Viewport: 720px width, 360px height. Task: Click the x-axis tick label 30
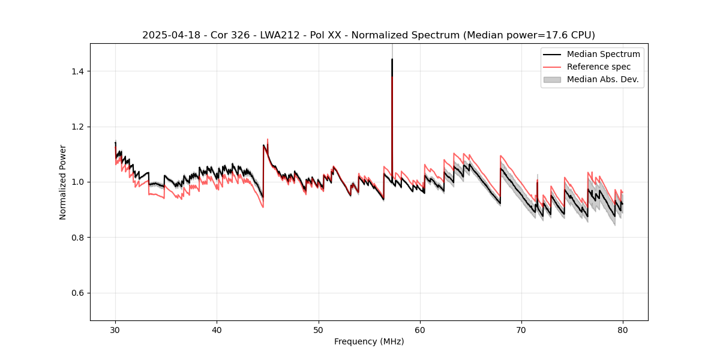click(115, 329)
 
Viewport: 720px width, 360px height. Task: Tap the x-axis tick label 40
click(217, 329)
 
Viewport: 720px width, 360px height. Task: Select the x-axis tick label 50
click(319, 329)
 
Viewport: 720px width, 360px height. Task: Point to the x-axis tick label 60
click(420, 329)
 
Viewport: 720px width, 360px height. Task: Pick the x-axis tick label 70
click(521, 329)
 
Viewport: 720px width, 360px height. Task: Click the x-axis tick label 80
click(623, 329)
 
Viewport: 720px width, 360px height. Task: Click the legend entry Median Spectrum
click(603, 54)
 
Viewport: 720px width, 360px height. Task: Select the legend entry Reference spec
click(599, 67)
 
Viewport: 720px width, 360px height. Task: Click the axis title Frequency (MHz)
click(369, 341)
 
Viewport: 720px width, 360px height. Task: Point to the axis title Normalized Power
click(63, 182)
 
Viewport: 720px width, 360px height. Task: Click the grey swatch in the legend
click(552, 79)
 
